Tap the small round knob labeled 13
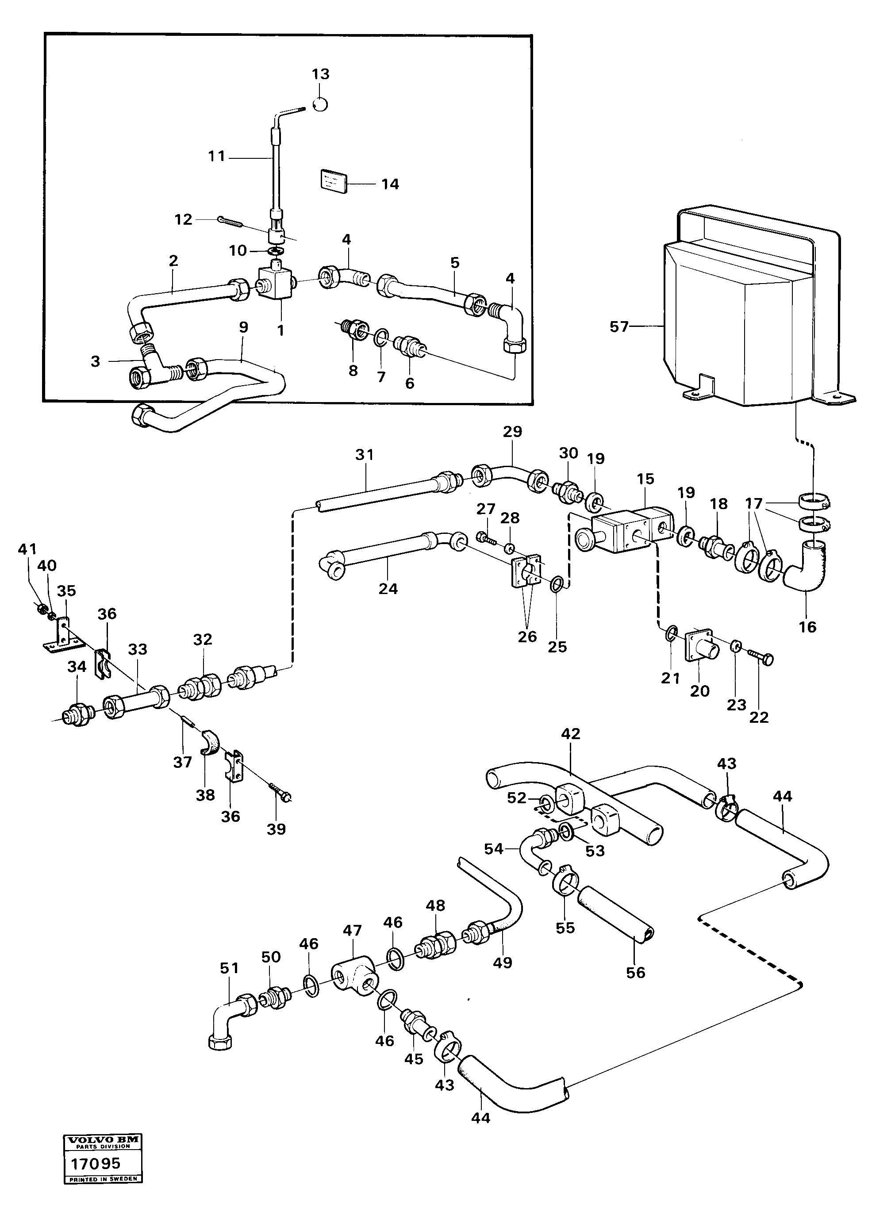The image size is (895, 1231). pos(320,103)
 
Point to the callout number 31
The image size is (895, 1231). pos(364,455)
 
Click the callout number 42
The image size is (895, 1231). pos(570,734)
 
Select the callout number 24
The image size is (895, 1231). pos(388,589)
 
